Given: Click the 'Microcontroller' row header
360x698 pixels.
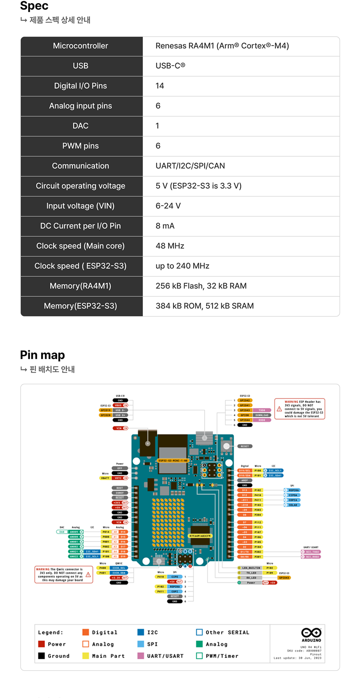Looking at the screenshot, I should coord(80,46).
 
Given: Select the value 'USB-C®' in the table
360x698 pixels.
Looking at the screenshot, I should coord(170,66).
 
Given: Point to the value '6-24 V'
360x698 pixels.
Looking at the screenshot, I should coord(168,206).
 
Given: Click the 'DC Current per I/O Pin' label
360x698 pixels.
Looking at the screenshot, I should coord(80,226).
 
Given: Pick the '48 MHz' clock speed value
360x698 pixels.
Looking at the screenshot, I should coord(170,246).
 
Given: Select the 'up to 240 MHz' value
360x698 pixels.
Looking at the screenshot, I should coord(182,266).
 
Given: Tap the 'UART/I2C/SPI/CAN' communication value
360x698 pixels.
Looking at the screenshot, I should coord(190,166).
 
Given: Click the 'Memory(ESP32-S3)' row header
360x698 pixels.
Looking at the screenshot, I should coord(80,306).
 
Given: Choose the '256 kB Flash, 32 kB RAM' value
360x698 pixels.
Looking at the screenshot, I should coord(201,286).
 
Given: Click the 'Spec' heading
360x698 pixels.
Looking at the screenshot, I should coord(34,6).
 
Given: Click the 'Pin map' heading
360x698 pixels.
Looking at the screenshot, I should coord(42,355).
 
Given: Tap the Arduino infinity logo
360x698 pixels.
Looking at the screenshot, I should coord(311,632).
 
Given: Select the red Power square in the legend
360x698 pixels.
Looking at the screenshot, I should coord(41,644).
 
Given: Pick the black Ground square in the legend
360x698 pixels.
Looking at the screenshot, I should coord(41,656).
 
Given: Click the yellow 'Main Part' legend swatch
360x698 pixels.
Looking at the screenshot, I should coord(86,656).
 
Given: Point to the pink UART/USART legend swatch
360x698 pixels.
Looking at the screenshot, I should coord(140,656).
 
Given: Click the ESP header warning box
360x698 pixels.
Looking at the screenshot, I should coord(300,409).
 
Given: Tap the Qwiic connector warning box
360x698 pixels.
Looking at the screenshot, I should coord(64,574).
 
